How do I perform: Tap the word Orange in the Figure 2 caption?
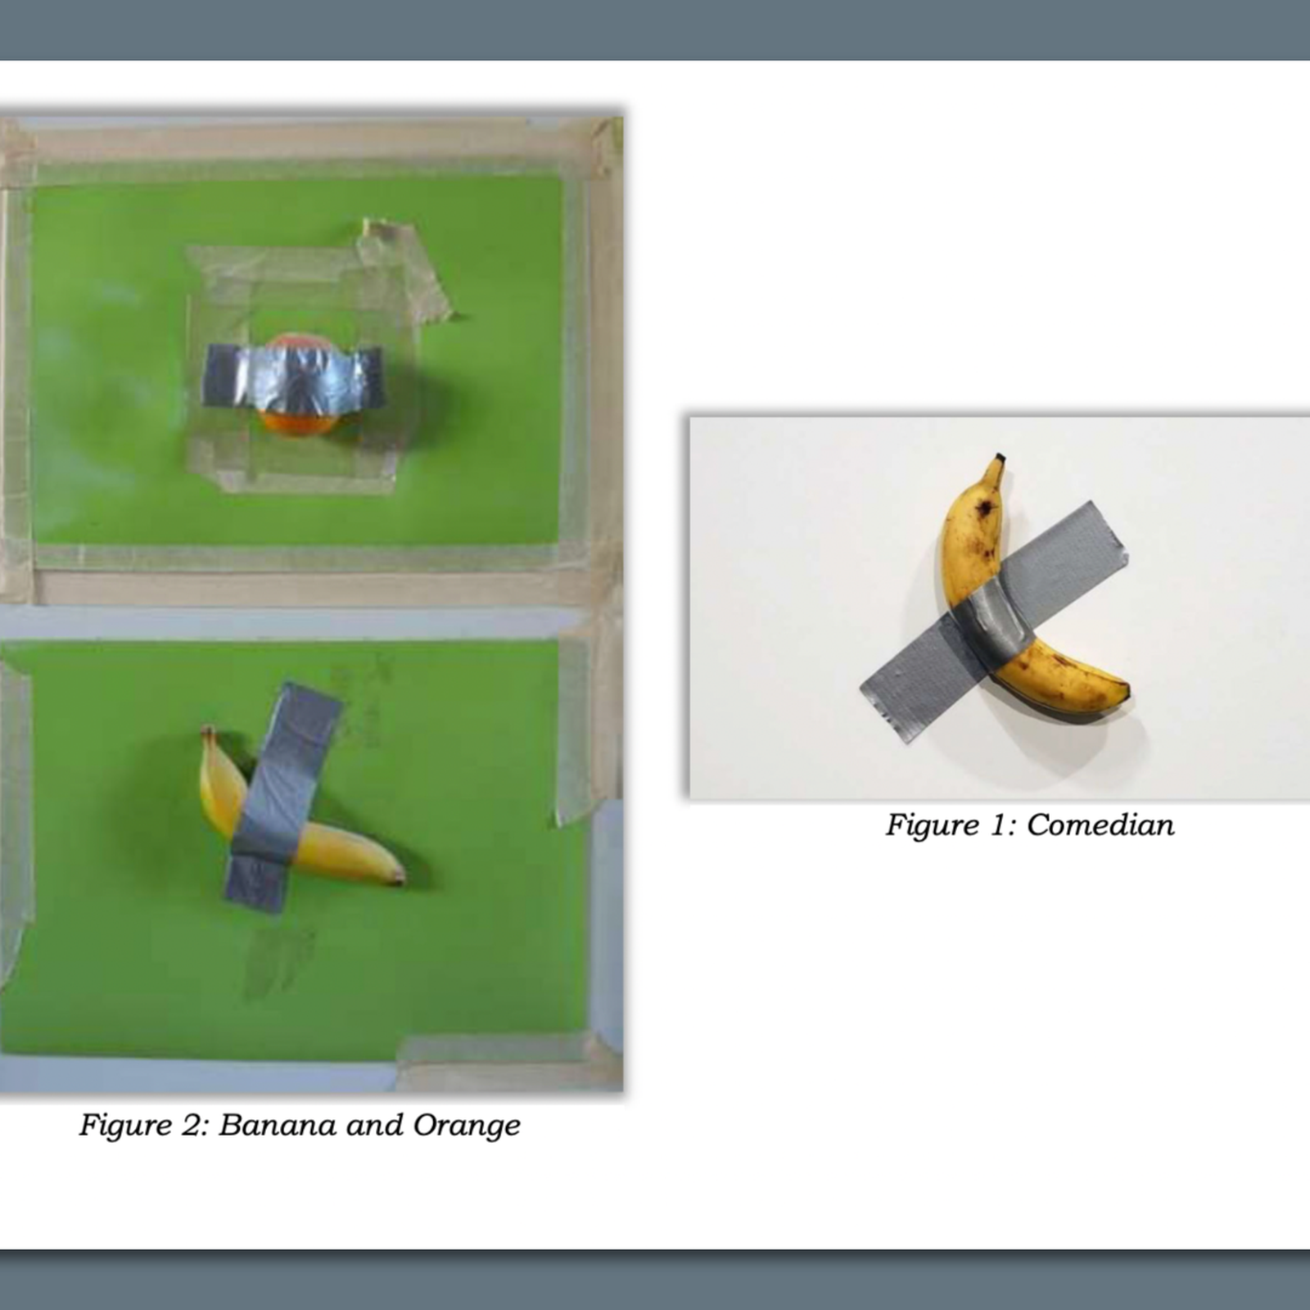click(466, 1125)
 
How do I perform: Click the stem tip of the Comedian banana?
click(999, 458)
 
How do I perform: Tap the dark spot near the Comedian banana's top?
click(986, 508)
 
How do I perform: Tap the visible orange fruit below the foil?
click(298, 422)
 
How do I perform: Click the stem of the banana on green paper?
click(208, 731)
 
